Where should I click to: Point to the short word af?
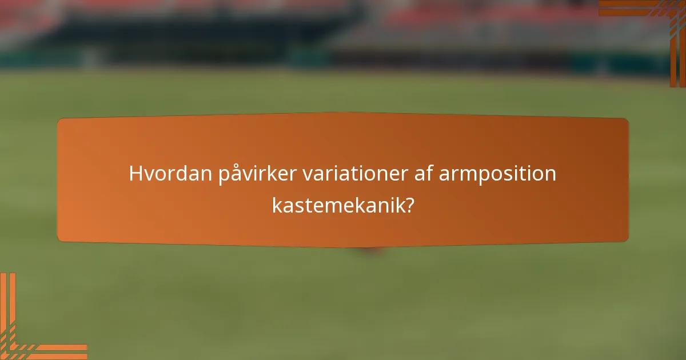tap(425, 173)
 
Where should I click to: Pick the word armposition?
tap(497, 174)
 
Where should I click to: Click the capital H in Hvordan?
tap(135, 173)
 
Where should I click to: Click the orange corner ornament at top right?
tap(657, 23)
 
